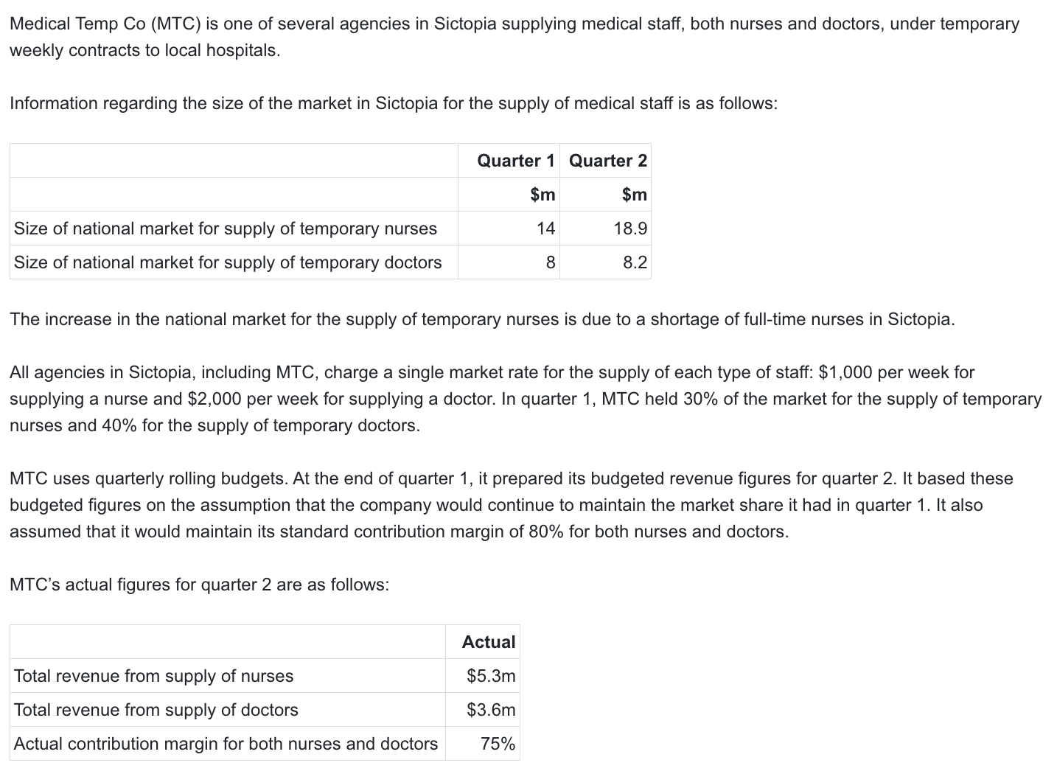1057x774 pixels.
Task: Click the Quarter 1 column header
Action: point(515,161)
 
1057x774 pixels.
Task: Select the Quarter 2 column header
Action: point(608,161)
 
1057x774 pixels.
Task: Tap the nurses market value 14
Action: point(545,229)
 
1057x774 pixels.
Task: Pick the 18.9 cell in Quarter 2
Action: point(630,229)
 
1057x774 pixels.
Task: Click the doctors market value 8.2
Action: point(635,262)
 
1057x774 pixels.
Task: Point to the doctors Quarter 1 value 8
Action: point(551,262)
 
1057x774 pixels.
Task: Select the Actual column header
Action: point(489,642)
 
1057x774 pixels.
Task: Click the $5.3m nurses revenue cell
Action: point(491,676)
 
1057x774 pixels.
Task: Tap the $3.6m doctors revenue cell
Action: point(491,710)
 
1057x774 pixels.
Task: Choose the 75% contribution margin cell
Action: point(498,744)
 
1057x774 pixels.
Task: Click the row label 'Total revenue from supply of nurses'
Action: point(153,676)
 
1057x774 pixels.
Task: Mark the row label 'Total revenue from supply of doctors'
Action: point(156,710)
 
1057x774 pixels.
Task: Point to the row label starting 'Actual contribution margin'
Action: point(226,744)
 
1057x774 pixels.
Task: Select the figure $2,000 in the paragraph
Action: point(214,399)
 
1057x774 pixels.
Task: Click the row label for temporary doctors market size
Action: point(228,262)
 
